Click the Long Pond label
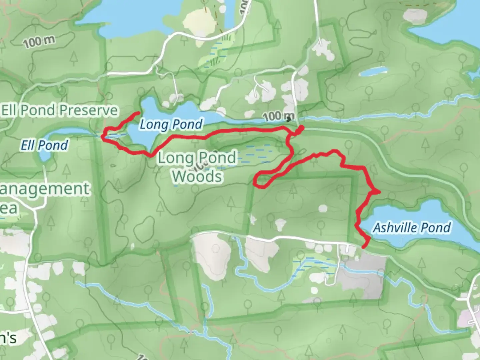(x=171, y=124)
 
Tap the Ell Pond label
(x=44, y=145)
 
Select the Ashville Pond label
(x=412, y=228)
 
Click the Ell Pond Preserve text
(x=60, y=110)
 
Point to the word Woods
(x=197, y=176)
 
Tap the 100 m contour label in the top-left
(x=39, y=42)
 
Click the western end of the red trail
(x=138, y=113)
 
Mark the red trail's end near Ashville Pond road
(x=363, y=247)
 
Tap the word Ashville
(x=391, y=228)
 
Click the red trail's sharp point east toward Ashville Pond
(x=379, y=192)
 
